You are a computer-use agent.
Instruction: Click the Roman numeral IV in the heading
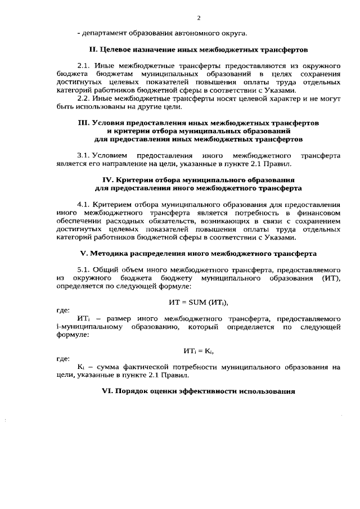tap(103, 178)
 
